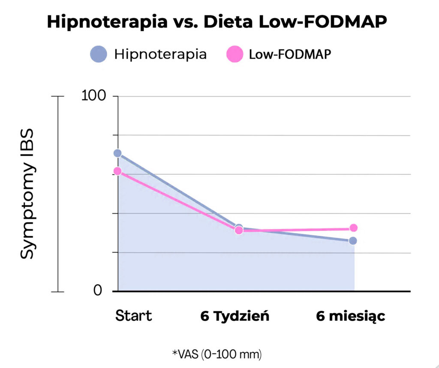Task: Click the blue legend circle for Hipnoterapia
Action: [98, 55]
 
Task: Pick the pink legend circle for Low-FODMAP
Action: [234, 55]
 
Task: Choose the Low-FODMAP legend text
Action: [290, 55]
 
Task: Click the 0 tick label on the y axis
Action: [98, 291]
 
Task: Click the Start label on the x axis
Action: [133, 316]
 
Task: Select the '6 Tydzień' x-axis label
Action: [235, 316]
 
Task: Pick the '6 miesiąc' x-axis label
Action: [350, 316]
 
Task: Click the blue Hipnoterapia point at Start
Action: [117, 153]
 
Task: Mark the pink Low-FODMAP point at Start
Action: [117, 171]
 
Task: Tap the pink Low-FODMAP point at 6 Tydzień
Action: [239, 231]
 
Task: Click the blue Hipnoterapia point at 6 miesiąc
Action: [353, 241]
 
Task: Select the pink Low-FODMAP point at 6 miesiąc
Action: [353, 228]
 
